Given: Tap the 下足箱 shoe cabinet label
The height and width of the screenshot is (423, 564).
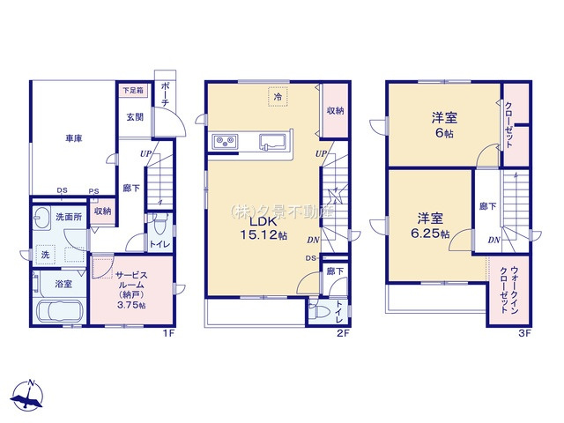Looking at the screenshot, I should point(130,91).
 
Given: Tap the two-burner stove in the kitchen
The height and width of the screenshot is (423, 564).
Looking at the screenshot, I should point(224,143).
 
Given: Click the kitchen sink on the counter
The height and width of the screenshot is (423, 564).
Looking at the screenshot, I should point(273,141).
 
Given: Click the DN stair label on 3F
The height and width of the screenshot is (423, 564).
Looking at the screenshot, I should point(493,239).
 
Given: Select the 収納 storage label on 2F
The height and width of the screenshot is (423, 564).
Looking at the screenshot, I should point(334,111).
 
